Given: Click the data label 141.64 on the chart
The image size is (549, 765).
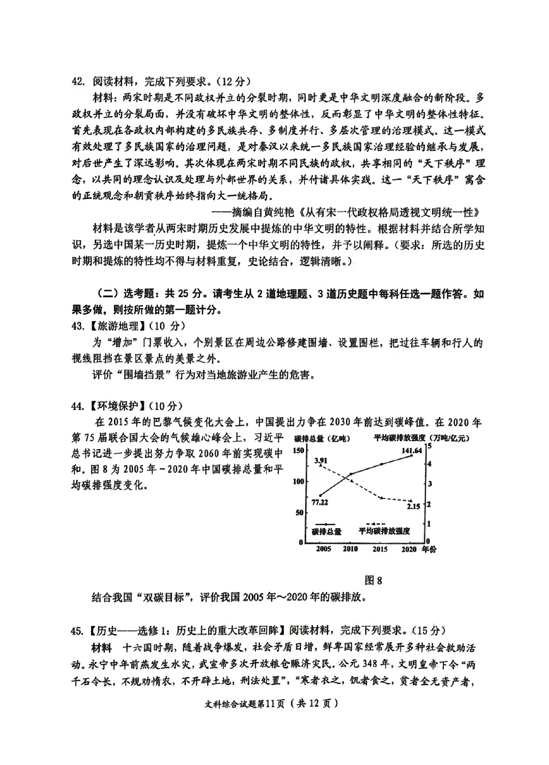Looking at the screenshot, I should (x=412, y=450).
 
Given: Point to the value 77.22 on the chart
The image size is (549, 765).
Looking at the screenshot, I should (x=320, y=502).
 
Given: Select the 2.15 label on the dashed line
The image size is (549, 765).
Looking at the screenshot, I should (x=413, y=506).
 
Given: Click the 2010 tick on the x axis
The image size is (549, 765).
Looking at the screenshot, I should (x=350, y=549).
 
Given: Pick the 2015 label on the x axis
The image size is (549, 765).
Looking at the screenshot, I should (x=380, y=549).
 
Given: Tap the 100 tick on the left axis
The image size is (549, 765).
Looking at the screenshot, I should (x=298, y=481).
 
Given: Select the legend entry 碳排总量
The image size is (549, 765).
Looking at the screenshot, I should (x=326, y=531).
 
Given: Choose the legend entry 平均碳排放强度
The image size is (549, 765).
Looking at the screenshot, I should (x=384, y=531).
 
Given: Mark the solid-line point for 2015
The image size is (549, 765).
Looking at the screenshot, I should (x=381, y=464).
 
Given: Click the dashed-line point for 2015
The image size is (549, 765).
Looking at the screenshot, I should (x=381, y=498).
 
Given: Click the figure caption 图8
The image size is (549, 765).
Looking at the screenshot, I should (x=373, y=580).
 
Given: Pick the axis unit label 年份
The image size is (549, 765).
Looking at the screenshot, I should (x=429, y=549).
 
